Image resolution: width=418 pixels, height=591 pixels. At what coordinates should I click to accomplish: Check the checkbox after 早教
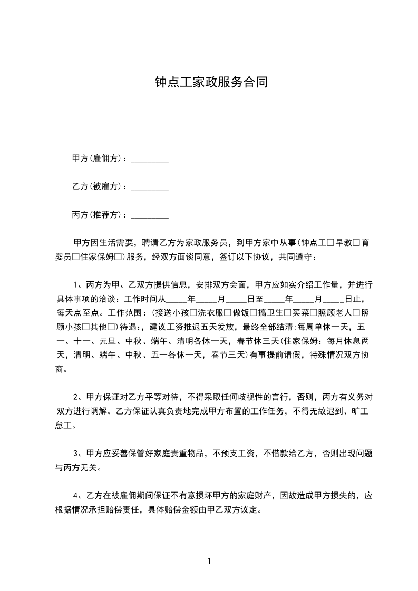[356, 243]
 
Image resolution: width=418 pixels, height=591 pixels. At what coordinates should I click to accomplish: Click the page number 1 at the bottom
[209, 562]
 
